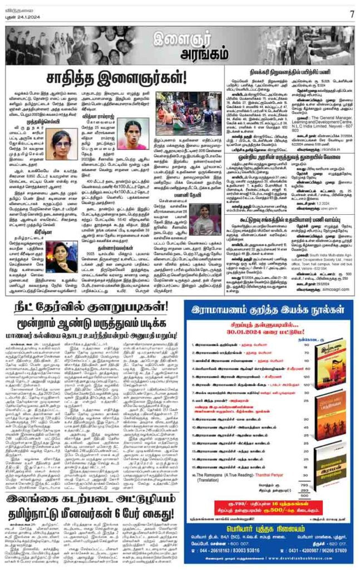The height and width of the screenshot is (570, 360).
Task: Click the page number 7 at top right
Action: coord(352,13)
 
